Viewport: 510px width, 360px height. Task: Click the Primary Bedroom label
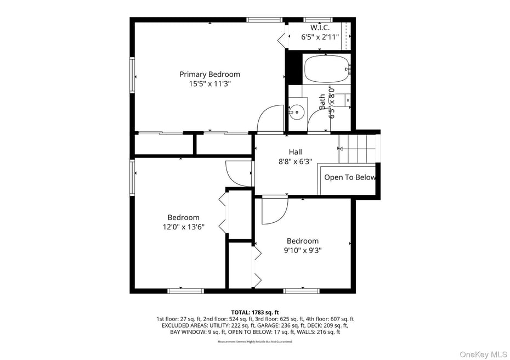click(x=209, y=74)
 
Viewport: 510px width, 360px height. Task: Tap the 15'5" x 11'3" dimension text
click(x=209, y=84)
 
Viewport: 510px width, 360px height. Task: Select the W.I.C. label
click(x=320, y=27)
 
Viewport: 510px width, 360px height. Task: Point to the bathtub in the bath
click(x=326, y=69)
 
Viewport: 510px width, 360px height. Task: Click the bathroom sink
click(x=296, y=112)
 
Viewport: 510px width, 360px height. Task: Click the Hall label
click(x=295, y=152)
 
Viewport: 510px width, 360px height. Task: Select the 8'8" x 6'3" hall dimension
click(x=295, y=162)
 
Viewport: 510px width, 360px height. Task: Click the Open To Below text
click(x=349, y=177)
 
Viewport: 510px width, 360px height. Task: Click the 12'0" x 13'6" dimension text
click(x=183, y=227)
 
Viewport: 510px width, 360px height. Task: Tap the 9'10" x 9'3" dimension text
click(x=302, y=251)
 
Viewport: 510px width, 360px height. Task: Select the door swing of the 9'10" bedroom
click(x=274, y=211)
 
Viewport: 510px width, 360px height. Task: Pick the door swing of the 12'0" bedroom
click(x=239, y=173)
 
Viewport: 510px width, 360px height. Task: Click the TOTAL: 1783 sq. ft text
click(x=254, y=312)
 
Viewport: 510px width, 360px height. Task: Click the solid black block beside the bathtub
click(x=294, y=67)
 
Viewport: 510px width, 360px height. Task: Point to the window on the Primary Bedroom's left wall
click(x=132, y=75)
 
